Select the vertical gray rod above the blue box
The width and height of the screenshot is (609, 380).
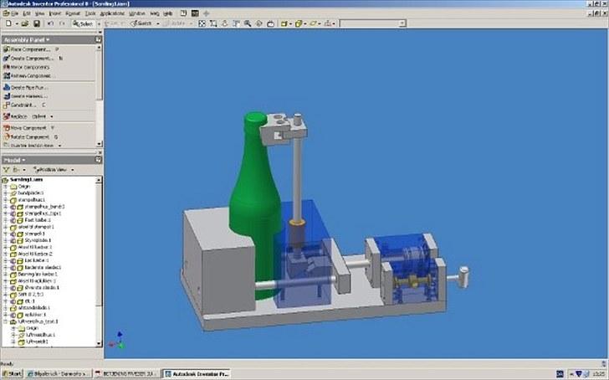point(296,176)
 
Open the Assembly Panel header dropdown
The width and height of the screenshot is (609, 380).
point(27,39)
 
